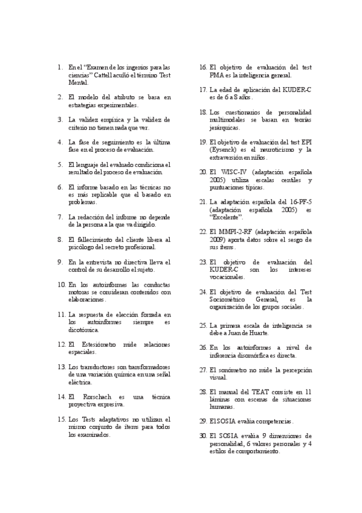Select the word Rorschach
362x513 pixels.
click(x=95, y=397)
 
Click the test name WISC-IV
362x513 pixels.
click(x=232, y=172)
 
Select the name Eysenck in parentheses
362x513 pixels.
click(x=224, y=149)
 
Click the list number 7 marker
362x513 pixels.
click(x=60, y=217)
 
